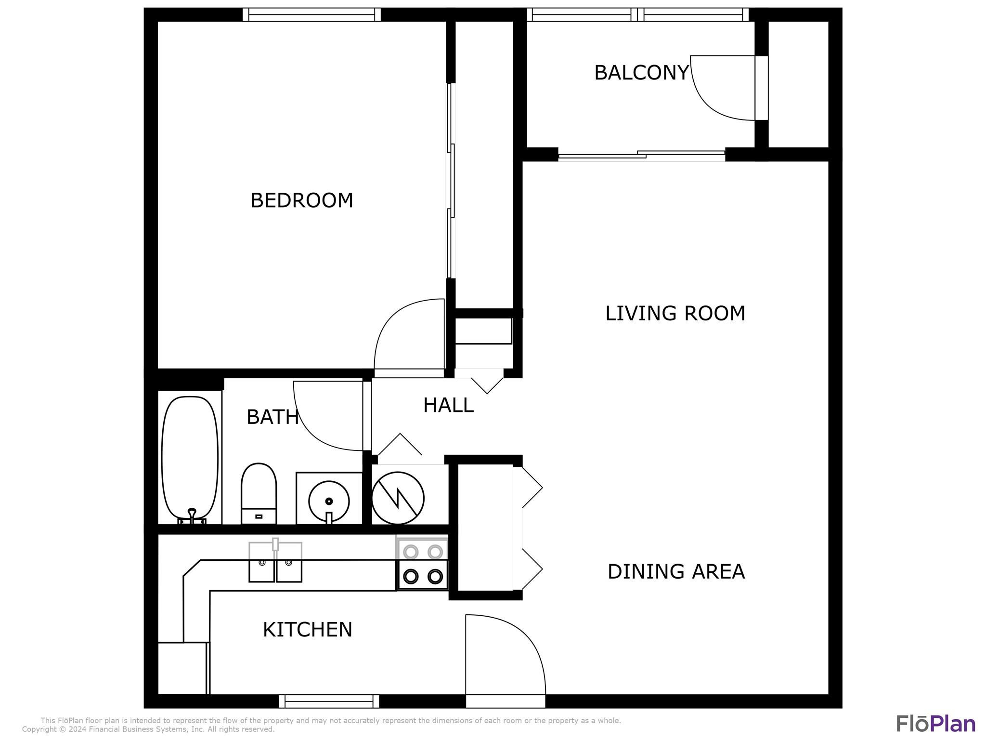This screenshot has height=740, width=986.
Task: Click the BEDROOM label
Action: pos(301,200)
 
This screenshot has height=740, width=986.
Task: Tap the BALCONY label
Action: pos(641,73)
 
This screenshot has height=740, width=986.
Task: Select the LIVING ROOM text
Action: pos(675,314)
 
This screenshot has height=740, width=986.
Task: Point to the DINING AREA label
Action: pos(676,572)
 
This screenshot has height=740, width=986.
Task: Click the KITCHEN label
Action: pos(307,630)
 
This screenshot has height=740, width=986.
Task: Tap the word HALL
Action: pos(448,406)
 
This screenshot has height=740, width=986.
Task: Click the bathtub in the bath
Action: pos(190,458)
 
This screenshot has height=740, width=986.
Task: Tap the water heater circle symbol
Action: pos(398,498)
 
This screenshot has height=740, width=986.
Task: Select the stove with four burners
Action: pos(422,564)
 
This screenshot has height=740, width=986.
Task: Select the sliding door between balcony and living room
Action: pos(641,155)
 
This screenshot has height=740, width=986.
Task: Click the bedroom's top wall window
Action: pos(311,15)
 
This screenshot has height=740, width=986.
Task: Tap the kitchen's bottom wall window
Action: pos(329,701)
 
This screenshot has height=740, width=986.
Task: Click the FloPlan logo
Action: pos(935,724)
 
